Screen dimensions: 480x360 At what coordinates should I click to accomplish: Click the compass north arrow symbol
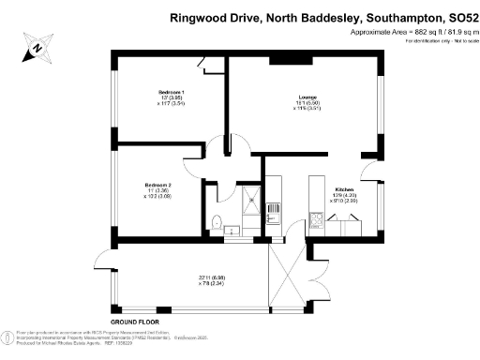tap(36, 48)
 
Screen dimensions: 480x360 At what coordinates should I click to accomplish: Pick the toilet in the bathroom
tap(217, 223)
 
